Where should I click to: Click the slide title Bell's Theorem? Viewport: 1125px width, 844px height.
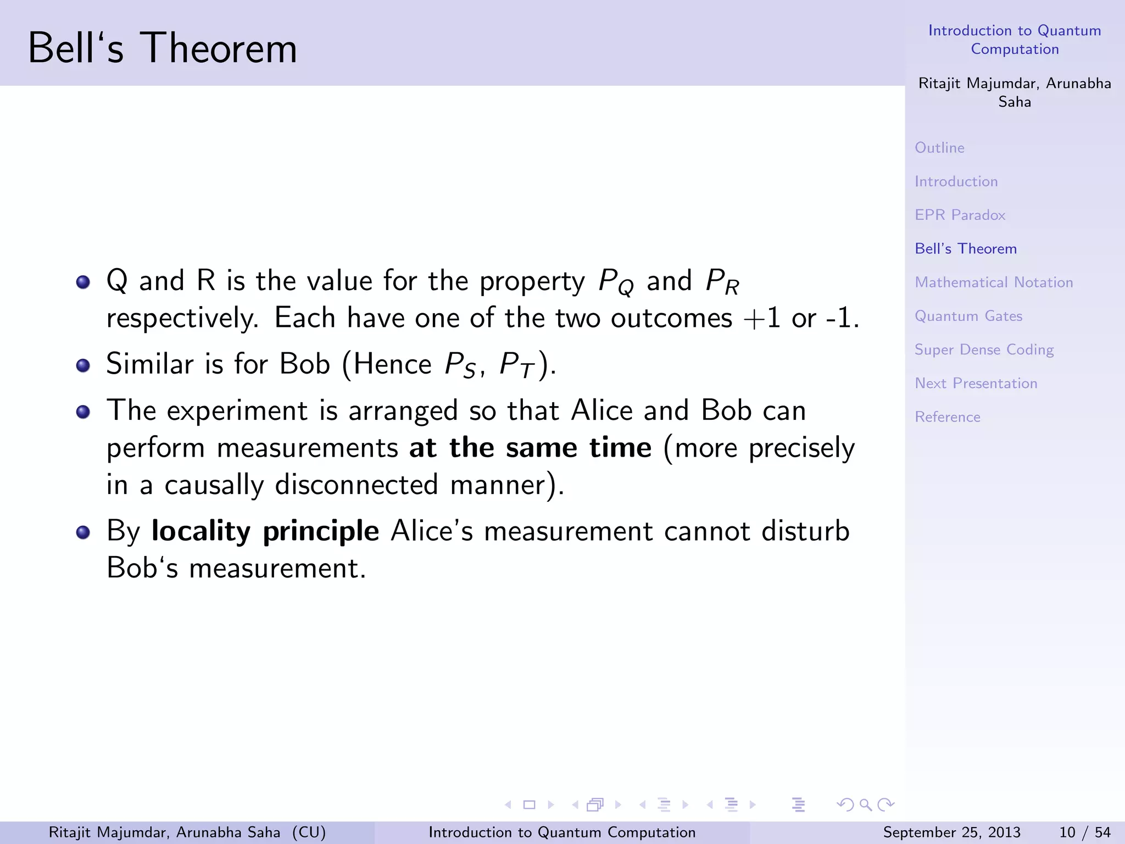(x=163, y=48)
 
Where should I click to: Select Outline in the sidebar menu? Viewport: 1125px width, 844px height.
(x=939, y=148)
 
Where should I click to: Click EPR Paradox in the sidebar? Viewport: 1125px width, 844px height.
(x=960, y=215)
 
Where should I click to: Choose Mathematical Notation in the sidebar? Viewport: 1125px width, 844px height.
(x=993, y=282)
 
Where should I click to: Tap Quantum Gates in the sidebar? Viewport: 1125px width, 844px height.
(x=968, y=316)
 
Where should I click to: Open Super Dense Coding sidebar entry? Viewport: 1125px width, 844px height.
(x=984, y=350)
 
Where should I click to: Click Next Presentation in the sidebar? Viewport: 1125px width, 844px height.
(x=976, y=384)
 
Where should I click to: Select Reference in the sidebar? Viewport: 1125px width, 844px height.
(x=947, y=417)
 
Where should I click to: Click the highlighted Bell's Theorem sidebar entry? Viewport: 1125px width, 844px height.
(x=965, y=249)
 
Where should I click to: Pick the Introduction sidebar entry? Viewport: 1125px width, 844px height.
(x=956, y=181)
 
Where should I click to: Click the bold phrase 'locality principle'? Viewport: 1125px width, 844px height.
(x=265, y=531)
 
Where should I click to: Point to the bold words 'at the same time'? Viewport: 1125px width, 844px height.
(x=530, y=448)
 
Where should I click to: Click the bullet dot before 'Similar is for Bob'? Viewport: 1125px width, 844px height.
(x=83, y=365)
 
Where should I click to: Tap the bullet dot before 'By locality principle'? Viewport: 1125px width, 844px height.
(x=83, y=532)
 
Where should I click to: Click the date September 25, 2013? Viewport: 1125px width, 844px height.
(x=951, y=832)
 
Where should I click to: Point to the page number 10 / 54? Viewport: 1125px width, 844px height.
(x=1084, y=832)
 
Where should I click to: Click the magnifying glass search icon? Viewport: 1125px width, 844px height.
(x=865, y=805)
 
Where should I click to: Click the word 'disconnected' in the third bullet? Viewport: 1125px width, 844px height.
(x=356, y=485)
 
